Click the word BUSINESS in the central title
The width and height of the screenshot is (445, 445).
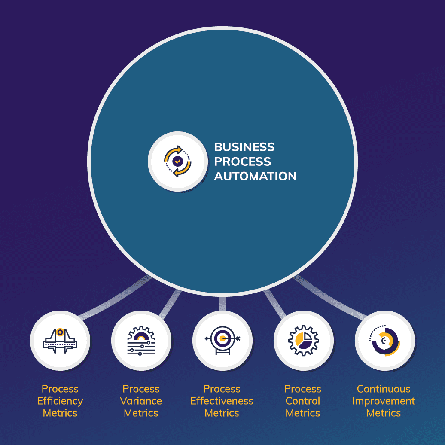coord(244,147)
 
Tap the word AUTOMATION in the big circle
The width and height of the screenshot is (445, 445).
coord(255,176)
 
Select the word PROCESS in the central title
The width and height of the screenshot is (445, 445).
coord(242,162)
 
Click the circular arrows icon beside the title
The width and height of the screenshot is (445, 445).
coord(177,161)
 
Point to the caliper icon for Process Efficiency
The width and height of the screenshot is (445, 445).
coord(60,341)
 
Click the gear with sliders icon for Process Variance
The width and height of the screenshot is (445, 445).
coord(141,341)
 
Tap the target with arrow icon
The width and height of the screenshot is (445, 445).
coord(222,341)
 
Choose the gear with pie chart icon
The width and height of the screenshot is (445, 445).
coord(303,341)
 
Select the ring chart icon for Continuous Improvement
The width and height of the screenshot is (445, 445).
coord(384,341)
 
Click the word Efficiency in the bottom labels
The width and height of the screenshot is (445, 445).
coord(60,401)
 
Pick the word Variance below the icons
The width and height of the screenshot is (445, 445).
coord(141,401)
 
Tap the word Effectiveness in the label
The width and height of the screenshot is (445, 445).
coord(222,401)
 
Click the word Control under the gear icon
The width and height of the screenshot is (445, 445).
coord(303,401)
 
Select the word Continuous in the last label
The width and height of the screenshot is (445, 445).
coord(384,389)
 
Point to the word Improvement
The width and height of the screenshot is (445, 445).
coord(384,401)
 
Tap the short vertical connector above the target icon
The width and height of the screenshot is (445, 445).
coord(222,303)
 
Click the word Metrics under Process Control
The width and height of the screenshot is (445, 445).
coord(303,413)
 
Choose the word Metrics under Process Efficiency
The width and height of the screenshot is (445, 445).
coord(60,413)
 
